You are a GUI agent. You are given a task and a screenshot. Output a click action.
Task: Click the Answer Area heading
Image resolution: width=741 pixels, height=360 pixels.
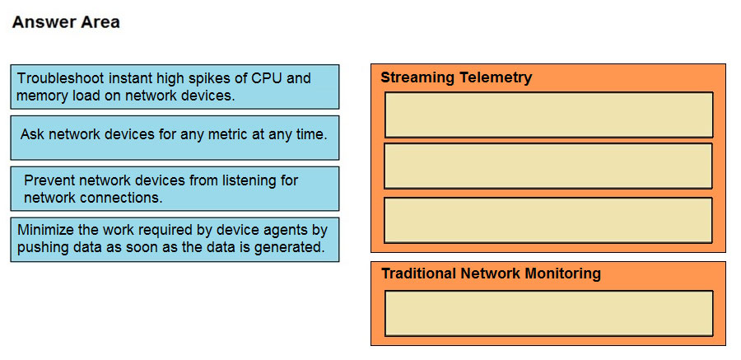point(66,22)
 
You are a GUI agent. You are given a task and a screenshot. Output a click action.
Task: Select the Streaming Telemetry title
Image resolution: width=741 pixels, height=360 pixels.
point(456,77)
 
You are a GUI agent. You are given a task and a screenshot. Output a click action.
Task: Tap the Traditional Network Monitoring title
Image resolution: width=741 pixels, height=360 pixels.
point(491,274)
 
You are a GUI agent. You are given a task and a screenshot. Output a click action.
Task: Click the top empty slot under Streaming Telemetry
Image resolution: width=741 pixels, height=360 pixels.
point(548,115)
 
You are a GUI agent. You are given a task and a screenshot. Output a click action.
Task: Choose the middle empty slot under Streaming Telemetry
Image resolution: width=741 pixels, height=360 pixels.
point(548,166)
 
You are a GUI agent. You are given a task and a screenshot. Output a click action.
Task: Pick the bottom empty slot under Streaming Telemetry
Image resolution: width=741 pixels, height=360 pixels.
point(548,221)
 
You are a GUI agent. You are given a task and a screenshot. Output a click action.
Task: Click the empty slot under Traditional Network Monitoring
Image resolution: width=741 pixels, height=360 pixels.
point(548,313)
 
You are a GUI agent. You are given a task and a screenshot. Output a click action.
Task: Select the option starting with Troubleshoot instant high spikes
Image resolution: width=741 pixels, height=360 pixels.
point(175,86)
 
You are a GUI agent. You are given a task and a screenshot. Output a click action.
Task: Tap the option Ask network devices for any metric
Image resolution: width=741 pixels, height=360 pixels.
point(175,138)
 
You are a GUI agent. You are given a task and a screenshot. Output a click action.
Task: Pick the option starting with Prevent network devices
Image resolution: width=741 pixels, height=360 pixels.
point(175,189)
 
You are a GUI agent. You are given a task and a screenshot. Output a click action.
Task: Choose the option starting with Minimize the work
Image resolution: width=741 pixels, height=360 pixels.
point(175,240)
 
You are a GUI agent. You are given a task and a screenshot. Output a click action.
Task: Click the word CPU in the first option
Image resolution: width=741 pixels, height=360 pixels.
point(267,78)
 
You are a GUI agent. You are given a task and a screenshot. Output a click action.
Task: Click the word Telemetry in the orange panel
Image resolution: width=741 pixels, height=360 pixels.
point(496,77)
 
